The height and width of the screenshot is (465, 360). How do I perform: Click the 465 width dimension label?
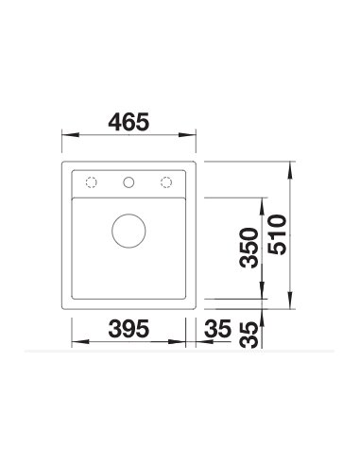(129, 122)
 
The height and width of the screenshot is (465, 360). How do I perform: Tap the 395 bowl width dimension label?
(129, 328)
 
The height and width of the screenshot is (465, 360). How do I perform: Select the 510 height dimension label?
(278, 234)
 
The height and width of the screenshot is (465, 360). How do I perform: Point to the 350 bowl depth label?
(249, 248)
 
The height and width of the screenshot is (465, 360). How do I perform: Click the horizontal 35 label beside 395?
(217, 328)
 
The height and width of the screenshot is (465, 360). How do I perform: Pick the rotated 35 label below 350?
(249, 335)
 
